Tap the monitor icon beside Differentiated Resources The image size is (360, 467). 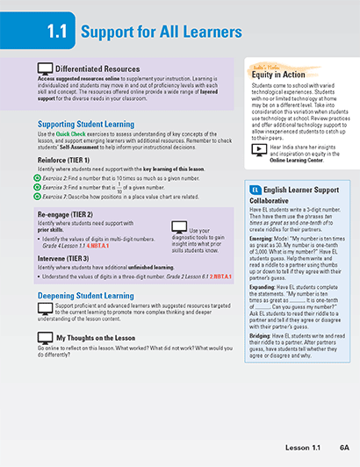[44, 68]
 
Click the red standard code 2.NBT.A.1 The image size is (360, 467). [219, 276]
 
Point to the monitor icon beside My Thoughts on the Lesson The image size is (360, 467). [44, 337]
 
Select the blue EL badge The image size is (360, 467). [255, 189]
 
